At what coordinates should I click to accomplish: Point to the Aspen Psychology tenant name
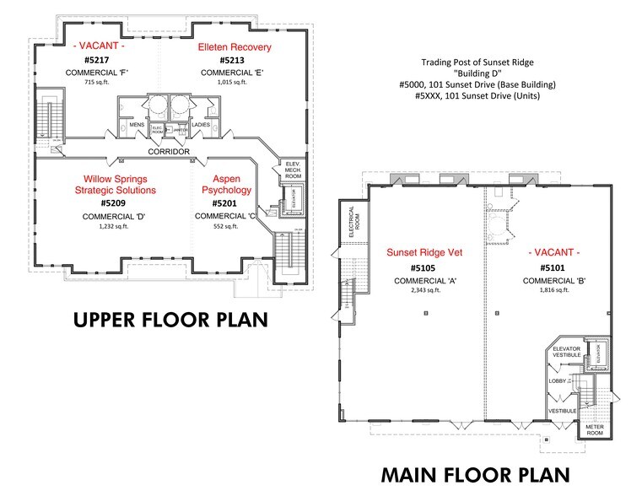(x=226, y=185)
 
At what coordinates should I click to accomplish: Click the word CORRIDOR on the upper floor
(x=168, y=153)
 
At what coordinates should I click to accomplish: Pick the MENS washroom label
(x=137, y=124)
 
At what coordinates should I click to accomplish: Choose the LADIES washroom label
(x=202, y=124)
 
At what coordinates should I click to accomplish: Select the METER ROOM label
(x=595, y=430)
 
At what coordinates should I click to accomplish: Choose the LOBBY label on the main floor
(x=558, y=381)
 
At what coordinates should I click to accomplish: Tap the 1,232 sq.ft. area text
(x=116, y=227)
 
